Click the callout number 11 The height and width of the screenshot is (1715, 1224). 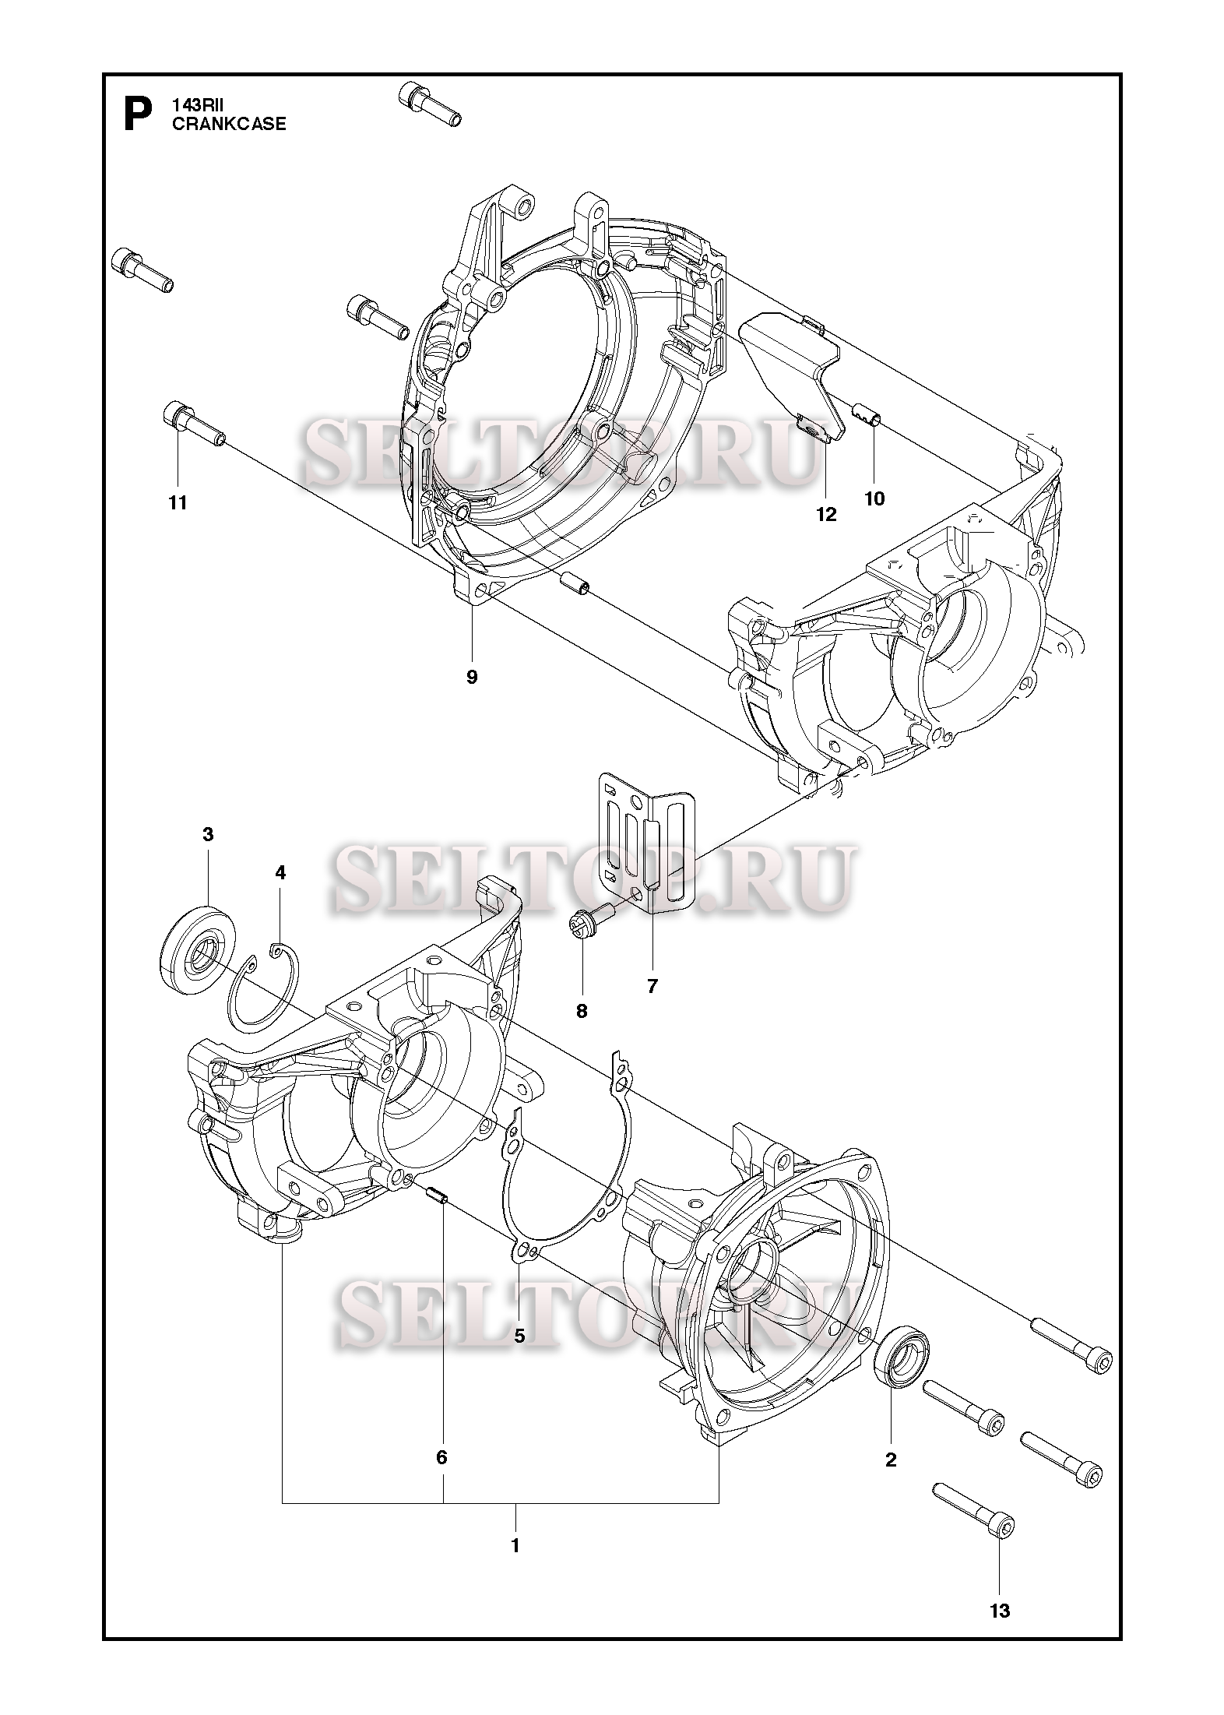click(x=178, y=503)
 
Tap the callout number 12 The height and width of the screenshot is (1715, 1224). click(x=826, y=514)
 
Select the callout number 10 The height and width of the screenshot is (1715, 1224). click(x=875, y=498)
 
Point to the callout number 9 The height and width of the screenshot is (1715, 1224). click(x=472, y=677)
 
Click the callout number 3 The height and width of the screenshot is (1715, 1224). click(x=207, y=834)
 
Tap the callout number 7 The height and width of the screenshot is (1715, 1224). click(x=652, y=986)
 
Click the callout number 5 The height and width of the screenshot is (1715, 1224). click(x=519, y=1335)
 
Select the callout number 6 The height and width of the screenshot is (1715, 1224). click(x=441, y=1457)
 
